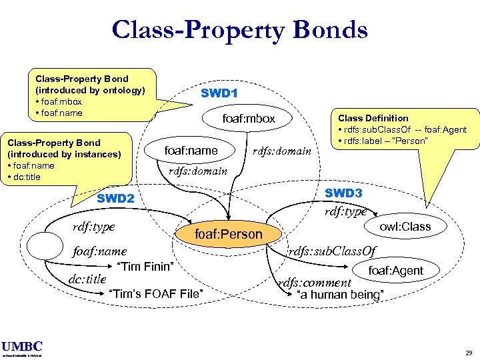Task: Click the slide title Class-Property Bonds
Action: [x=239, y=29]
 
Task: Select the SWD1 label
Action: [x=219, y=93]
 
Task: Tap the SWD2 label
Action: [x=115, y=198]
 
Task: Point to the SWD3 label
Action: [x=343, y=193]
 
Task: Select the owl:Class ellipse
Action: [x=405, y=227]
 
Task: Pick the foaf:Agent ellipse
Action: [x=396, y=270]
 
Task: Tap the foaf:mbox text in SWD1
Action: [x=249, y=119]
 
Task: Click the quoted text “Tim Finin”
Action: [x=145, y=267]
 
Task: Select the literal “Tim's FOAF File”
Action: [x=156, y=294]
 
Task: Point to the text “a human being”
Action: [x=340, y=294]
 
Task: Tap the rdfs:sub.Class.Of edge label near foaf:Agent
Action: [x=332, y=251]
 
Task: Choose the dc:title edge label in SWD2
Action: [x=88, y=279]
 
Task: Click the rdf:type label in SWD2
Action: [x=93, y=227]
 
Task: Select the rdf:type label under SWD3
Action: [x=345, y=211]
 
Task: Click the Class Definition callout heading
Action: [x=373, y=118]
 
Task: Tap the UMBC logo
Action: [x=22, y=347]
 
